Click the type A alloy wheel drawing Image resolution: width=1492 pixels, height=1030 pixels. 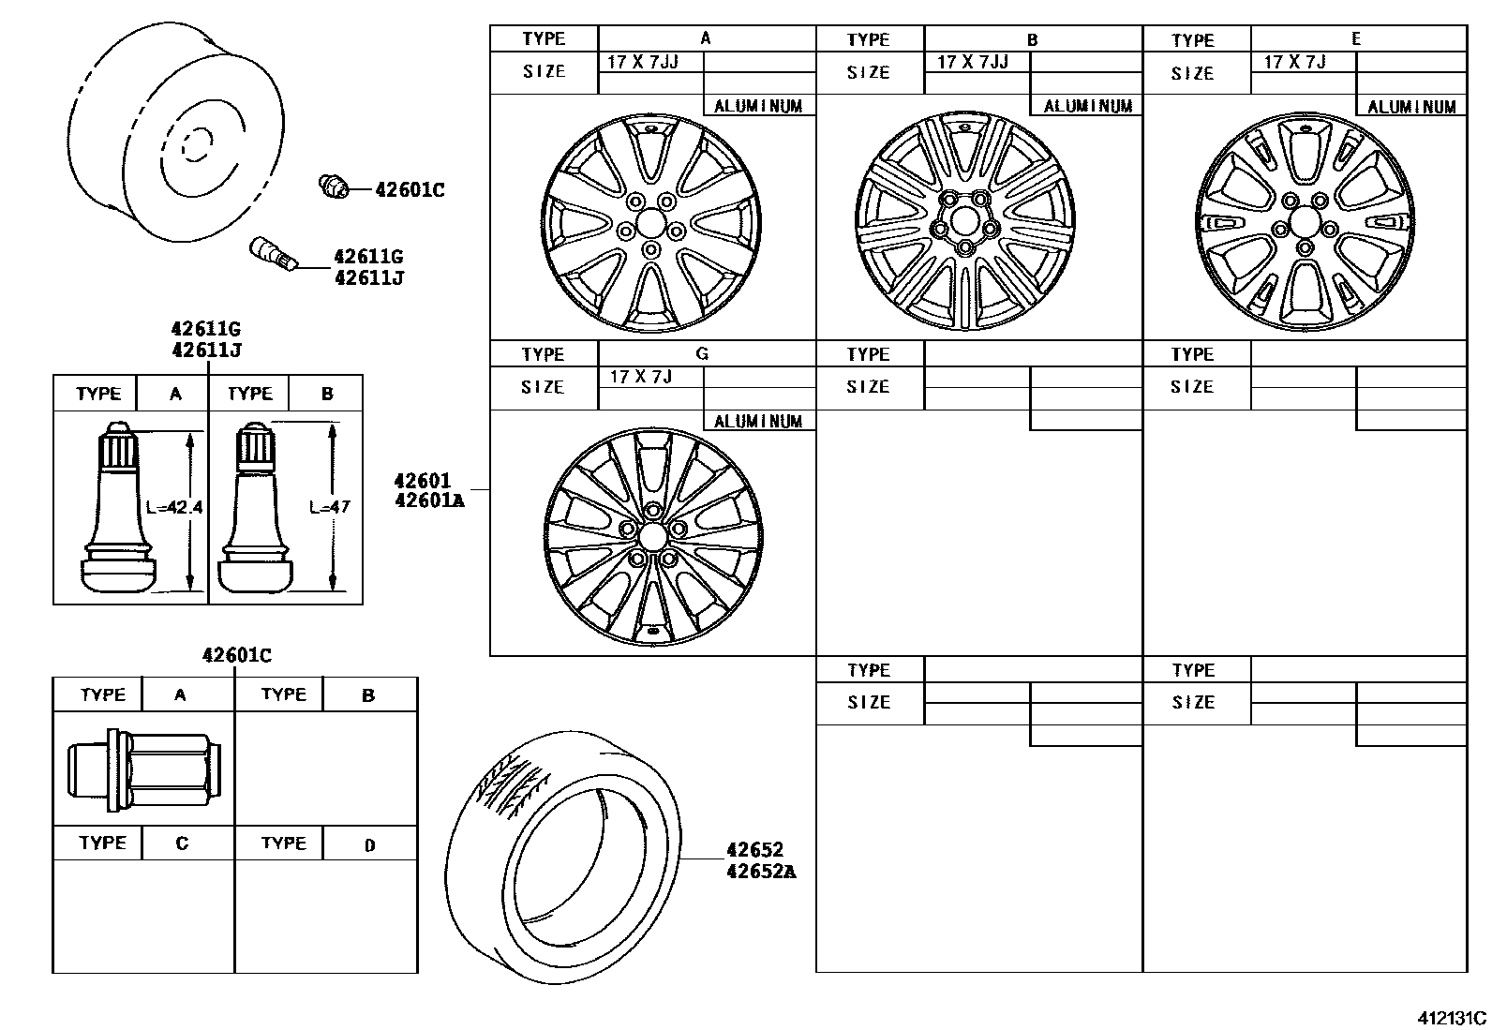click(651, 223)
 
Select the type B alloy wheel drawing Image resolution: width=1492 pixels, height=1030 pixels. click(965, 222)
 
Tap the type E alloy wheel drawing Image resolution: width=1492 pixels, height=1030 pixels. click(1305, 222)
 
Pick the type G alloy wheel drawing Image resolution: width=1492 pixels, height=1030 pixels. click(653, 536)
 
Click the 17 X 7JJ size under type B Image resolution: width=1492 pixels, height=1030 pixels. click(972, 62)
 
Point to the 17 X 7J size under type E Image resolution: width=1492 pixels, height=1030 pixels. click(1294, 62)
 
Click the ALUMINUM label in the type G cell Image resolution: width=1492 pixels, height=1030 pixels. click(758, 422)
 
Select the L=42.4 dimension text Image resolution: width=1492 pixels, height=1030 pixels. click(174, 507)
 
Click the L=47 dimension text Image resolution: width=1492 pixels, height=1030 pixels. click(329, 507)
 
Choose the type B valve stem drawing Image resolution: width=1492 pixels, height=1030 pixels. click(255, 511)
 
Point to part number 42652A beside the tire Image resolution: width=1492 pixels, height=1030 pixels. click(761, 872)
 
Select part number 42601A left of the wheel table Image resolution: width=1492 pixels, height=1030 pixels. click(429, 500)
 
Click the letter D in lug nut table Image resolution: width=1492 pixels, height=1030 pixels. click(369, 844)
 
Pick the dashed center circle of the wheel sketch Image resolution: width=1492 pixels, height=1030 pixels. click(198, 146)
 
